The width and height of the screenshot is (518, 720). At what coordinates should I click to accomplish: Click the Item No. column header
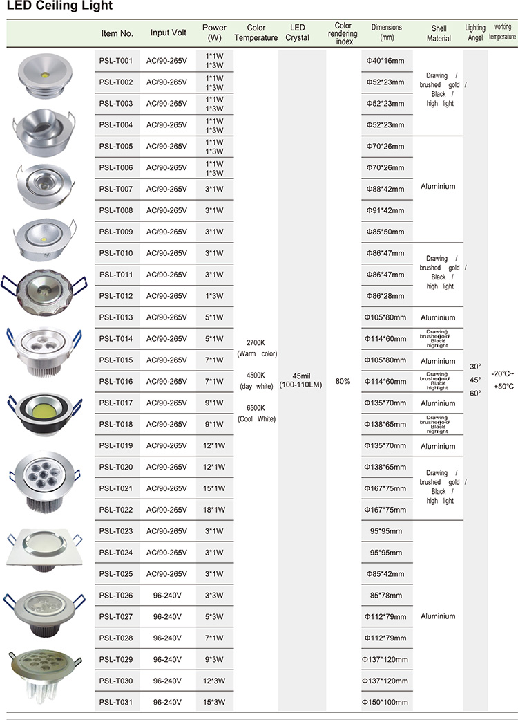tap(117, 33)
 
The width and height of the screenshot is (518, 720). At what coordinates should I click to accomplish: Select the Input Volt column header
tap(168, 33)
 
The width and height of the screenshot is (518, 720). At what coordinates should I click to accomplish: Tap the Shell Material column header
tap(439, 33)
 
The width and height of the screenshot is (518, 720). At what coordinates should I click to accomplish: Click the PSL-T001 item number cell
tap(116, 61)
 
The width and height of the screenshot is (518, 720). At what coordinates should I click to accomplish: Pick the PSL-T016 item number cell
tap(116, 381)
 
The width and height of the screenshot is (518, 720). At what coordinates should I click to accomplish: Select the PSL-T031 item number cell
tap(116, 702)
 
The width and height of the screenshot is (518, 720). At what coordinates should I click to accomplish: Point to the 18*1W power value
tap(214, 510)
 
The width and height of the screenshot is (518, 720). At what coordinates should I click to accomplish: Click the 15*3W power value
tap(214, 702)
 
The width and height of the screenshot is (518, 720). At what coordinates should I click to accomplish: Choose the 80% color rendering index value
tap(343, 381)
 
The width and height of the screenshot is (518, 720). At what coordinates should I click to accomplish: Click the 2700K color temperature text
tap(256, 343)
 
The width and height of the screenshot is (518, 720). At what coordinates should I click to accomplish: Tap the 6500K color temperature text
tap(256, 408)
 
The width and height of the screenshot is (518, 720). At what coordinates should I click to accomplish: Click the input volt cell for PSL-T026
tap(168, 595)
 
